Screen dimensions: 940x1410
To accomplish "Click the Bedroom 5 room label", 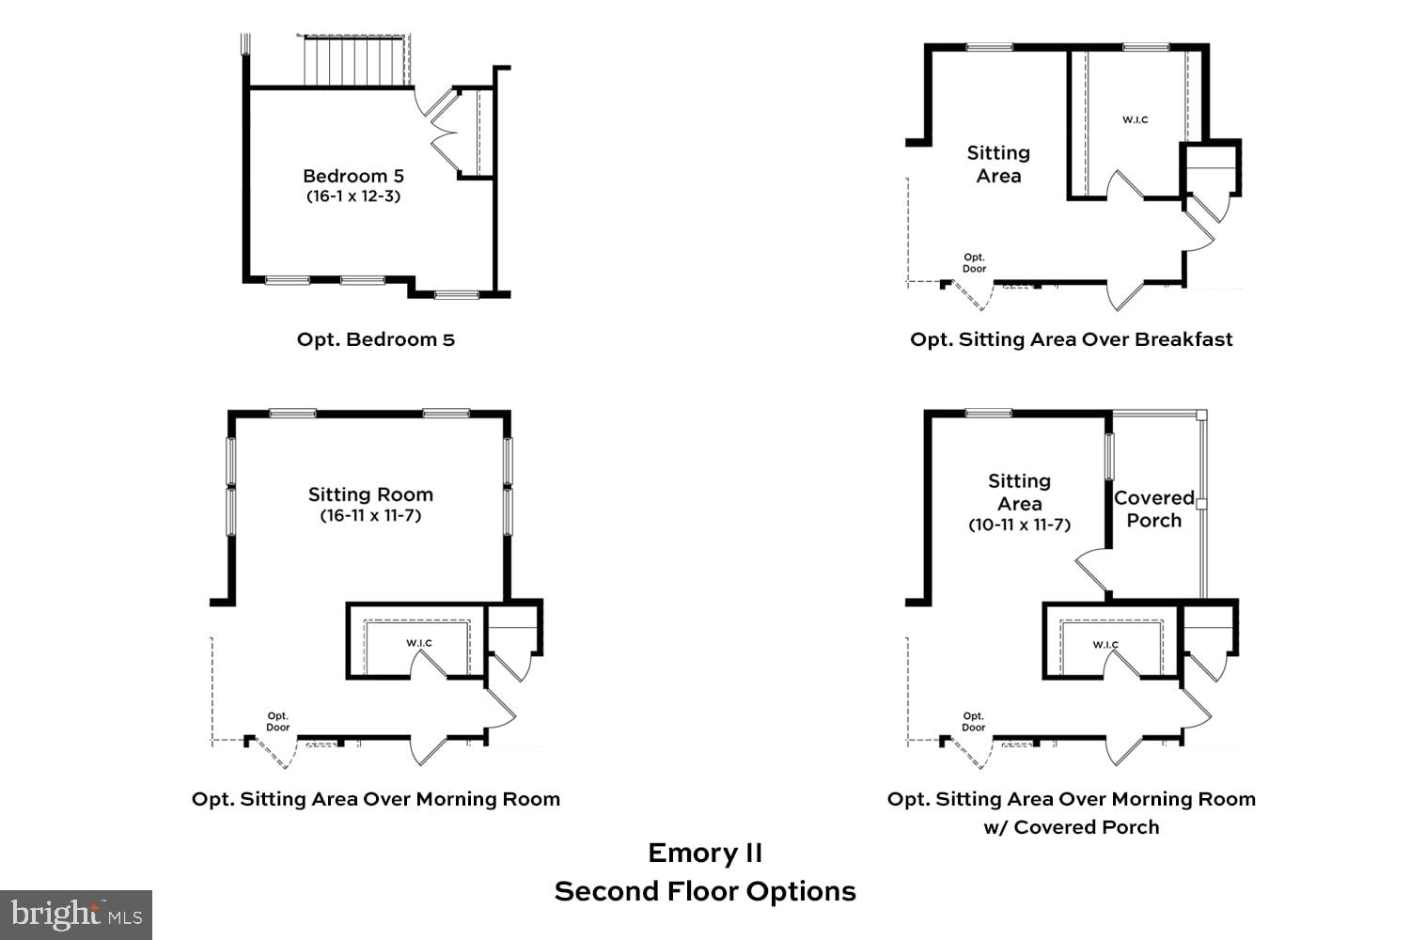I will [352, 176].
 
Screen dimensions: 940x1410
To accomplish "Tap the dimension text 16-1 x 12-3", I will [352, 196].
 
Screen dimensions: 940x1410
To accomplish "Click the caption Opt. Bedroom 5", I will [375, 339].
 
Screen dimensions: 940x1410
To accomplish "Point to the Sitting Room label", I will [370, 494].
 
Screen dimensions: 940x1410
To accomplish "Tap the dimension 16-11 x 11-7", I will [370, 515].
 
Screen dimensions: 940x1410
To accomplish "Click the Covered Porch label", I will [1153, 509].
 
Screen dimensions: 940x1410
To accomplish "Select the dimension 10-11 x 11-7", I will [1019, 525].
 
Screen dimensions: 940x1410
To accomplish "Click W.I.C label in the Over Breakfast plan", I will [1135, 119].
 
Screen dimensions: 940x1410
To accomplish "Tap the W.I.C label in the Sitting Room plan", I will [419, 643].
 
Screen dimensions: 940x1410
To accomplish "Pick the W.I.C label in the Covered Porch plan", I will [1105, 645].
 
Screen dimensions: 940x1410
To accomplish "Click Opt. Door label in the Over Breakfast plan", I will [974, 262].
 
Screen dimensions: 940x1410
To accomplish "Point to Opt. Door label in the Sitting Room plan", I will [277, 721].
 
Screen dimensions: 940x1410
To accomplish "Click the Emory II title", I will [705, 853].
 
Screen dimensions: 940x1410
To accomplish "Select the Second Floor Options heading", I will [705, 891].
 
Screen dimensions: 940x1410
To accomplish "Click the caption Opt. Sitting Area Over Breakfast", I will [1071, 339].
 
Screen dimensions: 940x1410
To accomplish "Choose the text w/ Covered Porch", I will [1071, 827].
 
